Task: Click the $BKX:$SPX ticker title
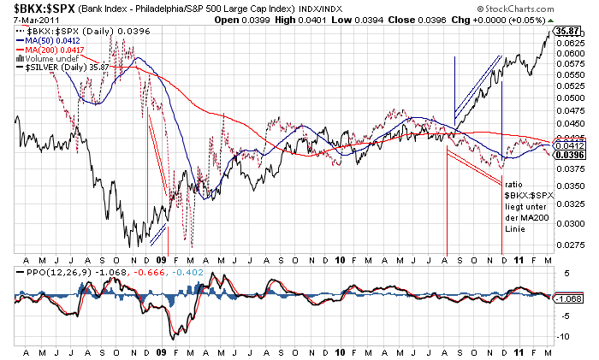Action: [x=42, y=8]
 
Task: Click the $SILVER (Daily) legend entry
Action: [x=60, y=68]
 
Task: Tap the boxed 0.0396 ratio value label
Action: [x=568, y=155]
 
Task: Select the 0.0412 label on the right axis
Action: [x=568, y=145]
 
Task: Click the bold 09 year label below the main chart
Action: [x=163, y=259]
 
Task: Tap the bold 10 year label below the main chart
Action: [x=341, y=259]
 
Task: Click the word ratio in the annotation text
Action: [x=513, y=185]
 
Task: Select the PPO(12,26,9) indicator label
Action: [x=45, y=271]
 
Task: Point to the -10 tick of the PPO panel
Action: [x=563, y=335]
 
